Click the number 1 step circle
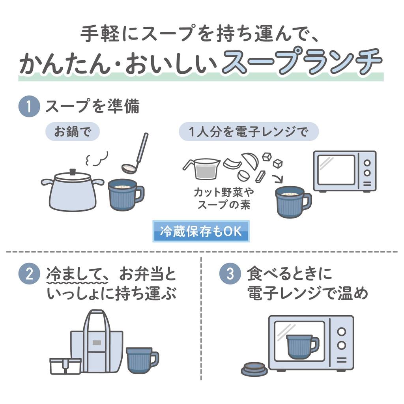29,107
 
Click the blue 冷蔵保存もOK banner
201,232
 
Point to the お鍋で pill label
72,132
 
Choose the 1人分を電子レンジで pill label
249,132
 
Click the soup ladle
136,154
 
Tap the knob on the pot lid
73,172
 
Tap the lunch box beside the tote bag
65,366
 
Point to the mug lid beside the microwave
254,369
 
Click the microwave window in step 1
336,169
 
